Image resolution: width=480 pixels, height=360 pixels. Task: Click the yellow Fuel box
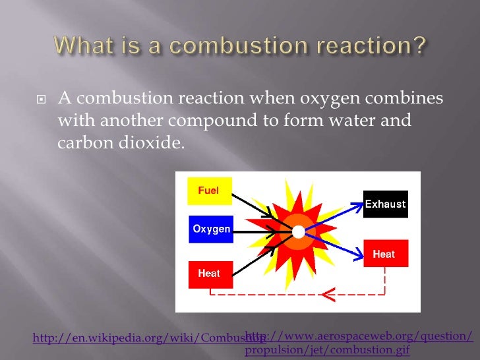click(x=208, y=191)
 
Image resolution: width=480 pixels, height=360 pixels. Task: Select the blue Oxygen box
click(x=211, y=229)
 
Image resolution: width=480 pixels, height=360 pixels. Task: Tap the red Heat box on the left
click(x=210, y=274)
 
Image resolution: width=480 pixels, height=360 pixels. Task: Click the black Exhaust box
click(x=386, y=204)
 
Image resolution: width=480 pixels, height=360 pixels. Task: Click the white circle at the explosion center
click(x=298, y=231)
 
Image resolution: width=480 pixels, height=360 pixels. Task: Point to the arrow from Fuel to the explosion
click(x=251, y=204)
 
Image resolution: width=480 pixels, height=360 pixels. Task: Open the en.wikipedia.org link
click(x=138, y=338)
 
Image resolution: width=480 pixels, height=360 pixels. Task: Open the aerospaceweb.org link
click(x=359, y=343)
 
